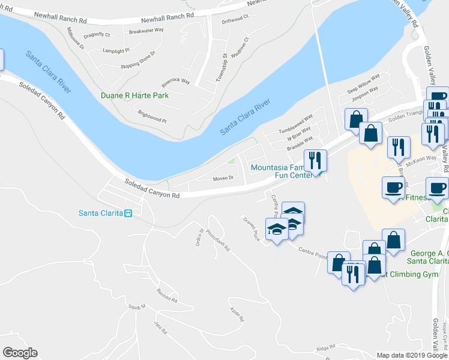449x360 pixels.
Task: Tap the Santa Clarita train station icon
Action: [128, 214]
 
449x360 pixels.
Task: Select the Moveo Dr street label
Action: [223, 178]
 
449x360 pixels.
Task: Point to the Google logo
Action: [20, 353]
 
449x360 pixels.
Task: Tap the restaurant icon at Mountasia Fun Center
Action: [315, 160]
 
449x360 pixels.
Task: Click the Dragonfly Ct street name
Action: [97, 35]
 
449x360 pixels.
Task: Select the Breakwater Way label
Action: [146, 30]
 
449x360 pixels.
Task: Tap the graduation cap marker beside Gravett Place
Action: [276, 230]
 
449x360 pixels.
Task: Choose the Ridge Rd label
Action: [325, 348]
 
